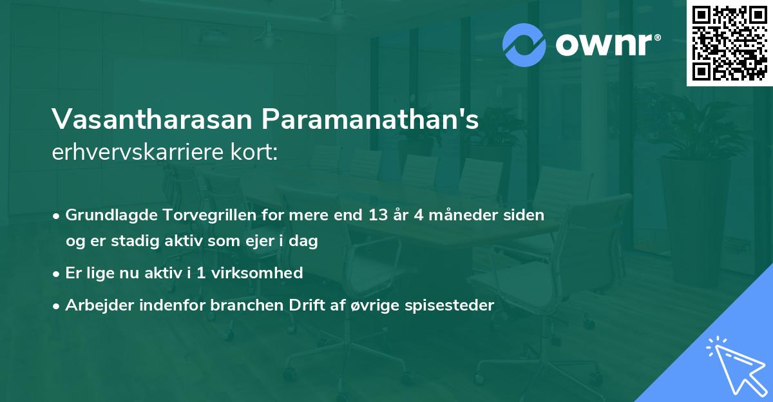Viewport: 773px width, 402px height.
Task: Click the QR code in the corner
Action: tap(729, 43)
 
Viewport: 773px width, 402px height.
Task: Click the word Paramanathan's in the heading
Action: tap(370, 119)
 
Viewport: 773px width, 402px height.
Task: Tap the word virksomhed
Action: tap(262, 273)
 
